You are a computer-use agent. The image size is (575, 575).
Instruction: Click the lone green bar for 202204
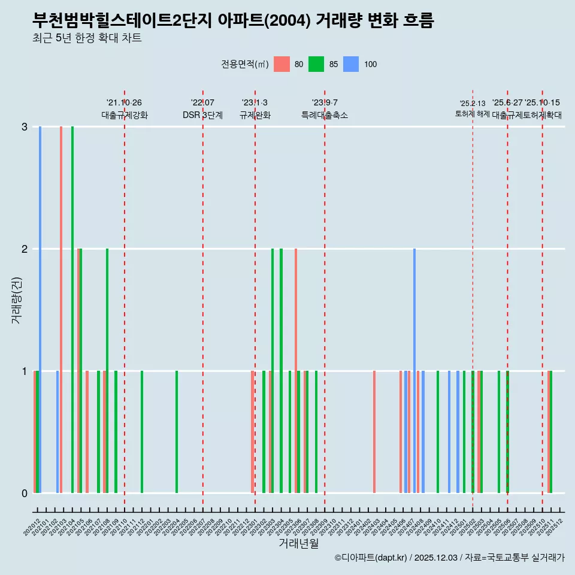(177, 431)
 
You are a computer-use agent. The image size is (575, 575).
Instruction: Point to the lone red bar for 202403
(374, 431)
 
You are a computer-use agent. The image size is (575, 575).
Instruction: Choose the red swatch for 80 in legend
(282, 64)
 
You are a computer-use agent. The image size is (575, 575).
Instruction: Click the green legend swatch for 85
(316, 64)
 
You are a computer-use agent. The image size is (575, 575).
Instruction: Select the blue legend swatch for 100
(351, 64)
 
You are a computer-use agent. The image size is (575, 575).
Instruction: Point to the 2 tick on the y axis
(25, 249)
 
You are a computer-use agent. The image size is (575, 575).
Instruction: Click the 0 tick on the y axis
(25, 493)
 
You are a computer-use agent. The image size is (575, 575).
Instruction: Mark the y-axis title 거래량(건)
(16, 300)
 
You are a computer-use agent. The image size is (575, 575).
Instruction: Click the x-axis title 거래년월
(298, 543)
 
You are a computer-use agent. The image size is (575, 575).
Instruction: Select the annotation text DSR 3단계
(202, 115)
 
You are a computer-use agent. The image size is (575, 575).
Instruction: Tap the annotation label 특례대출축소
(325, 115)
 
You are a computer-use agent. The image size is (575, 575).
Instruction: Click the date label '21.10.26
(124, 103)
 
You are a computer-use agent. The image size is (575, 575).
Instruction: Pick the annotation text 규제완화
(255, 115)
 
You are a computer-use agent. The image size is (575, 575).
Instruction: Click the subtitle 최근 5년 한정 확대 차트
(87, 38)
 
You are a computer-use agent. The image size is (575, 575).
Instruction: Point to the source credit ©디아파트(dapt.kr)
(371, 558)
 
